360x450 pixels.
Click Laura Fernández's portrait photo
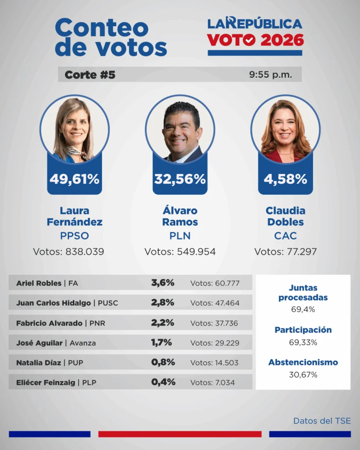click(74, 129)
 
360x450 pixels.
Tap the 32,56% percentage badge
click(180, 179)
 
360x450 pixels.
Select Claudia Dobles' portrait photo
click(285, 129)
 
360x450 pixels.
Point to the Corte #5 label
click(90, 75)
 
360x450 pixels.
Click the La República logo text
click(255, 23)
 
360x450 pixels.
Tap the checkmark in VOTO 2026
click(249, 40)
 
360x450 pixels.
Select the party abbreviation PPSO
click(74, 236)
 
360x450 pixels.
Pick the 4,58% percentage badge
click(285, 179)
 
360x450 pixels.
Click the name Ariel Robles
click(39, 283)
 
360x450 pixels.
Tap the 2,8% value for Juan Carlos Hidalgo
click(163, 302)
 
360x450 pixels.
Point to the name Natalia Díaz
click(38, 363)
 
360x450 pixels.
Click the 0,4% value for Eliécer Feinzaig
click(163, 382)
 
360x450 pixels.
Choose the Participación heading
click(303, 330)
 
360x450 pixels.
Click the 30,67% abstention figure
click(303, 374)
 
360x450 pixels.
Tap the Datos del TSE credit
click(322, 421)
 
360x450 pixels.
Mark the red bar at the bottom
click(180, 434)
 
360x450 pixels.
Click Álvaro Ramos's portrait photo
click(180, 129)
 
